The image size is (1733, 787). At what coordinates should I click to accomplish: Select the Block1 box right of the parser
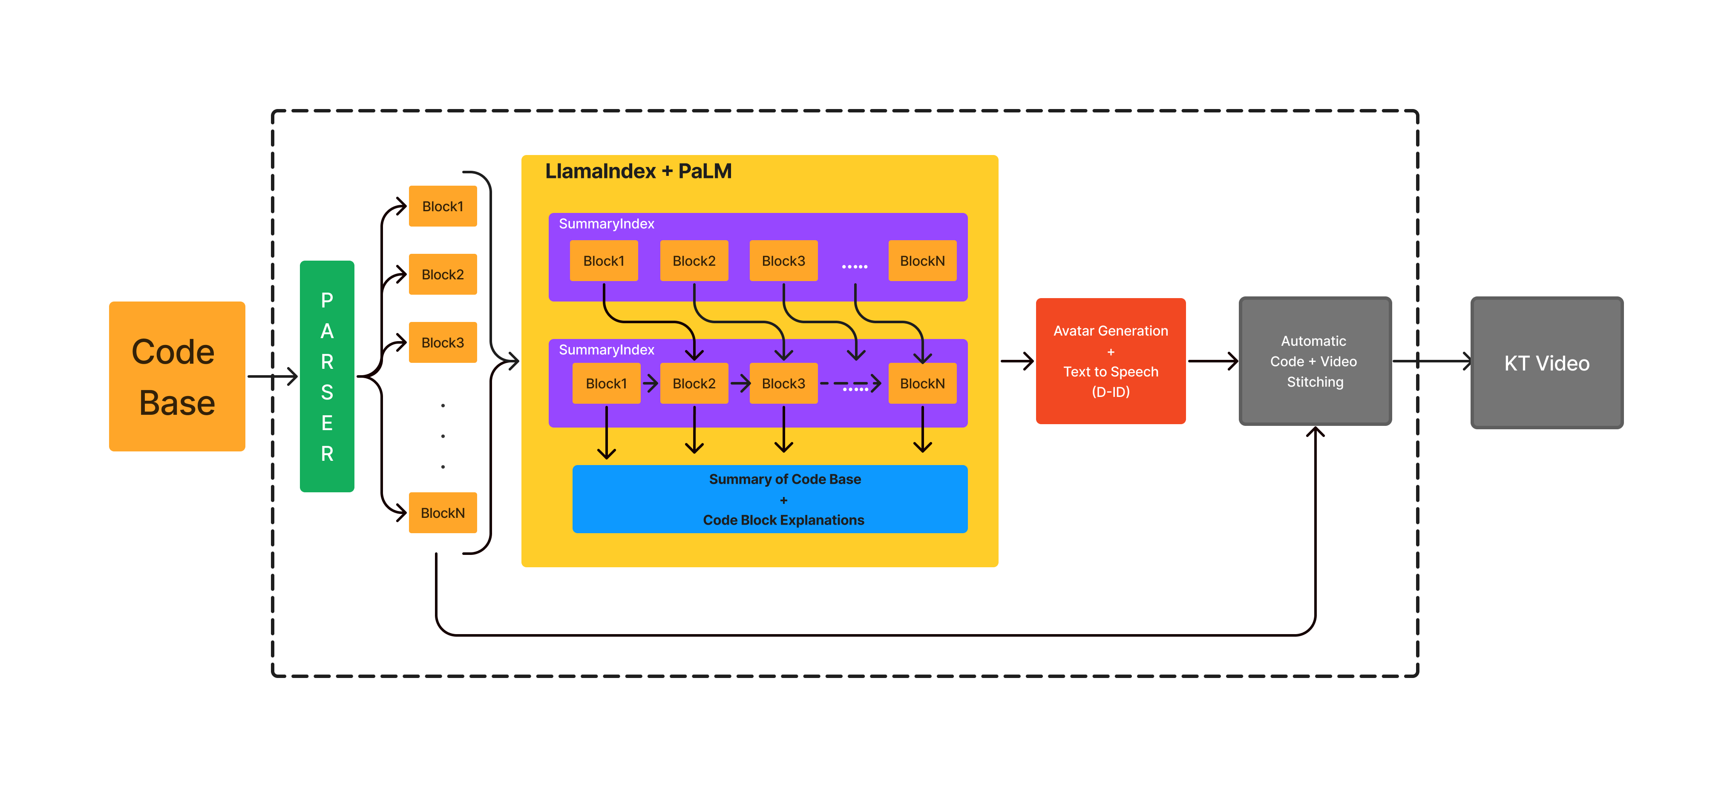(x=443, y=207)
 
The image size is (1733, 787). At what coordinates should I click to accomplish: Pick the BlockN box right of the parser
(x=443, y=513)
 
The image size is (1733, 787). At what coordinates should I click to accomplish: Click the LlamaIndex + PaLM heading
(x=638, y=172)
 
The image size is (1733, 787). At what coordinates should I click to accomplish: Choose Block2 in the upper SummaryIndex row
(x=694, y=261)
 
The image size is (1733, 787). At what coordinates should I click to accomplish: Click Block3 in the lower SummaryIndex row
(x=783, y=383)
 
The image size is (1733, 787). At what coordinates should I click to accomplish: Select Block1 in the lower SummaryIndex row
(x=606, y=383)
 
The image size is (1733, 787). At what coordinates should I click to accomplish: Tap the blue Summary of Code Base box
(x=770, y=499)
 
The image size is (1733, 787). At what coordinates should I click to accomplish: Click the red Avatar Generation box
(x=1111, y=361)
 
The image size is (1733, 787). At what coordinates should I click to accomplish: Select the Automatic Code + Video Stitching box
(x=1315, y=361)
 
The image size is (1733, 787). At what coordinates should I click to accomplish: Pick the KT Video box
(x=1547, y=363)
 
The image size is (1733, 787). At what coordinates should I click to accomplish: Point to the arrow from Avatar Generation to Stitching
(x=1212, y=361)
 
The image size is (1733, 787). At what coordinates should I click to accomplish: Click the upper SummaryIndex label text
(x=606, y=224)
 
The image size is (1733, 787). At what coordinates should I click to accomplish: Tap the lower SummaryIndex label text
(x=606, y=350)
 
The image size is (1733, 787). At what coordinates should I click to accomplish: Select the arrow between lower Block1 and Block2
(x=650, y=383)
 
